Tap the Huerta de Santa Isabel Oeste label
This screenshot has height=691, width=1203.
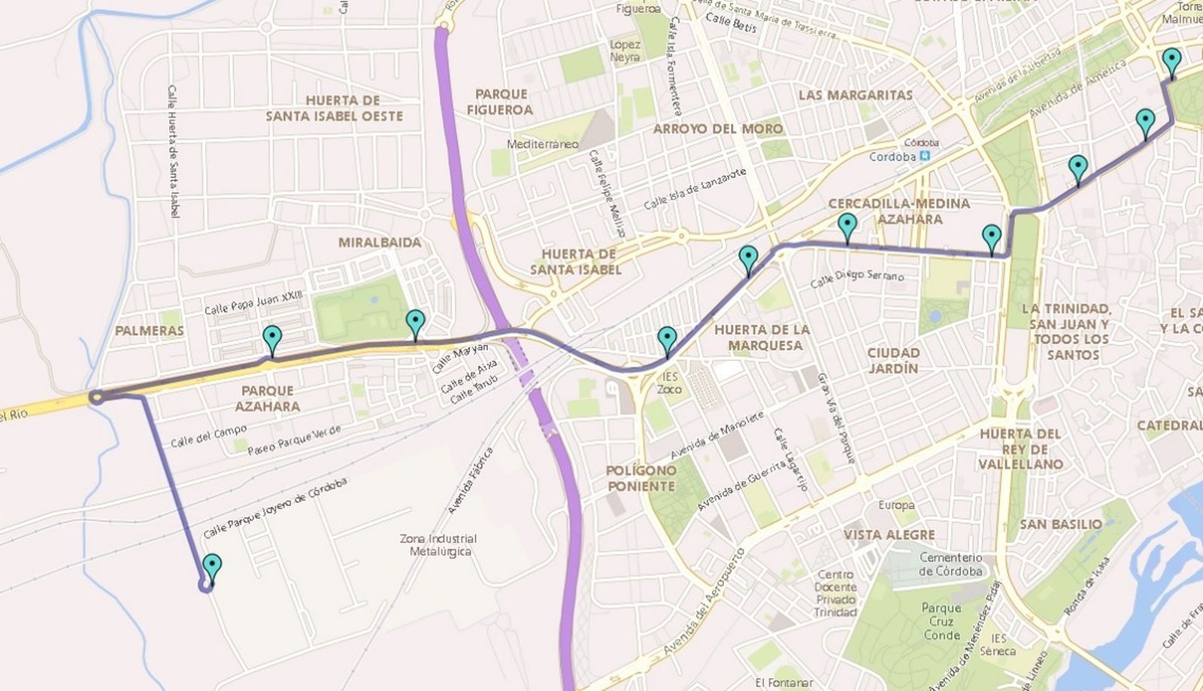tap(334, 108)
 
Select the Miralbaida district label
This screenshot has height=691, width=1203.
tap(380, 242)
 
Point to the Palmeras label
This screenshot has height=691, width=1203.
tap(150, 330)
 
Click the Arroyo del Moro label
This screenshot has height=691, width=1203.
tap(717, 129)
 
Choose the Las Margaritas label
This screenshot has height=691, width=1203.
tap(855, 95)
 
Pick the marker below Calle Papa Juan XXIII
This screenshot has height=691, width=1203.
tap(272, 340)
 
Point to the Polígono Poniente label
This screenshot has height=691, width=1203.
tap(641, 478)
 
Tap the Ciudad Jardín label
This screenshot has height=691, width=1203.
tap(893, 360)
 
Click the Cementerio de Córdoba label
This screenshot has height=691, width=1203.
tap(950, 564)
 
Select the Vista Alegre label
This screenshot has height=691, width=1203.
tap(889, 535)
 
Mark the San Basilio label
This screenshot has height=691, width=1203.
tap(1061, 524)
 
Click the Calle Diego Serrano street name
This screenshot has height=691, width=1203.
tap(857, 278)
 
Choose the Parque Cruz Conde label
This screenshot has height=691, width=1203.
tap(941, 621)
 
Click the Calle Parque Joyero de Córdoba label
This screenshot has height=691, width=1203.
tap(275, 508)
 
